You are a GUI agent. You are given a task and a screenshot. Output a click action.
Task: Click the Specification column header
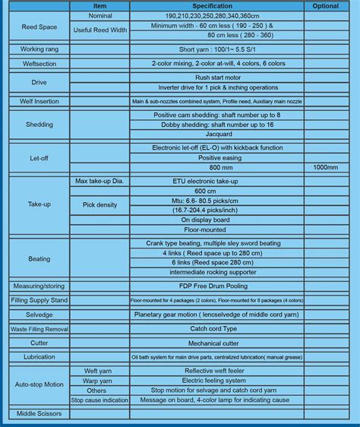point(217,5)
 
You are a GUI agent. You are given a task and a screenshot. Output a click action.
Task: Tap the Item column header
point(99,5)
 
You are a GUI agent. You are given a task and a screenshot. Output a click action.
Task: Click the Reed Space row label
point(38,27)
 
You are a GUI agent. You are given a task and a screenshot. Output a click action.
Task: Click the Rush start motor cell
point(217,76)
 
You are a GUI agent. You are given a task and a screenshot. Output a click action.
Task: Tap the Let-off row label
point(38,157)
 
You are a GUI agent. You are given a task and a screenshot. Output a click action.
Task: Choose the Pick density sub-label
point(99,205)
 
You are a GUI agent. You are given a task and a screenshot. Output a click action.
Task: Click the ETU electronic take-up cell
point(217,182)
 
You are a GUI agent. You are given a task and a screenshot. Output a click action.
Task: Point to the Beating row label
point(38,259)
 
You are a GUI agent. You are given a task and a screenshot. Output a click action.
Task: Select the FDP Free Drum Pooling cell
point(217,286)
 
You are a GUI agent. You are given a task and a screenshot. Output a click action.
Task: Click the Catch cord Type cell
point(217,328)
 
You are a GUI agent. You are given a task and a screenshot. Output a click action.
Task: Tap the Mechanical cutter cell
point(217,343)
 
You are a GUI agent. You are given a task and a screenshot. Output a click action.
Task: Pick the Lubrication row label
point(38,356)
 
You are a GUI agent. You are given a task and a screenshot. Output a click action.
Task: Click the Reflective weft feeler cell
point(217,371)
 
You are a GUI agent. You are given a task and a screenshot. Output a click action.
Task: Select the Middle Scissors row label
point(38,413)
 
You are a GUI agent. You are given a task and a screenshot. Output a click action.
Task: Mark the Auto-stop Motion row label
point(38,384)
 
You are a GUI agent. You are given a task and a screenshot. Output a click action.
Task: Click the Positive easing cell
point(217,157)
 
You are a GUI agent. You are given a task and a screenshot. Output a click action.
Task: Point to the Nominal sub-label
point(99,15)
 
